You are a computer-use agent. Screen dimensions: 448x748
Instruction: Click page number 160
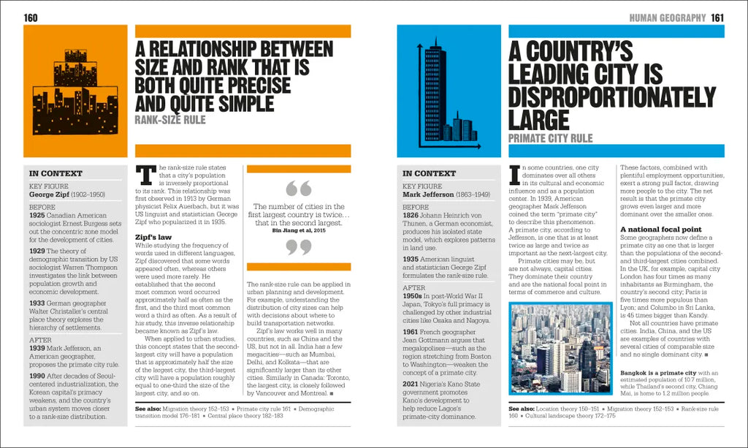[x=31, y=18]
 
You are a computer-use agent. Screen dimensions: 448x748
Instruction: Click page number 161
[x=717, y=18]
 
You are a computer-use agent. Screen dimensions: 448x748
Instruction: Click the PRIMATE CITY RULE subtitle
[x=550, y=139]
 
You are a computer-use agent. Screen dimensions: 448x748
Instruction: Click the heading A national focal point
[x=661, y=229]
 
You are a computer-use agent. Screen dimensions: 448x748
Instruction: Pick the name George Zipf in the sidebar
[x=50, y=195]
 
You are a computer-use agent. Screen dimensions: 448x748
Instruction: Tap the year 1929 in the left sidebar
[x=37, y=250]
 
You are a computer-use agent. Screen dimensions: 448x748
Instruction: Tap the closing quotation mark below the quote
[x=298, y=247]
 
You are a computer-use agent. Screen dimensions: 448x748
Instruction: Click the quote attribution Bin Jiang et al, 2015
[x=298, y=230]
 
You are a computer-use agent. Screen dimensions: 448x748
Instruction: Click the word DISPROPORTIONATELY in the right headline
[x=613, y=96]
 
